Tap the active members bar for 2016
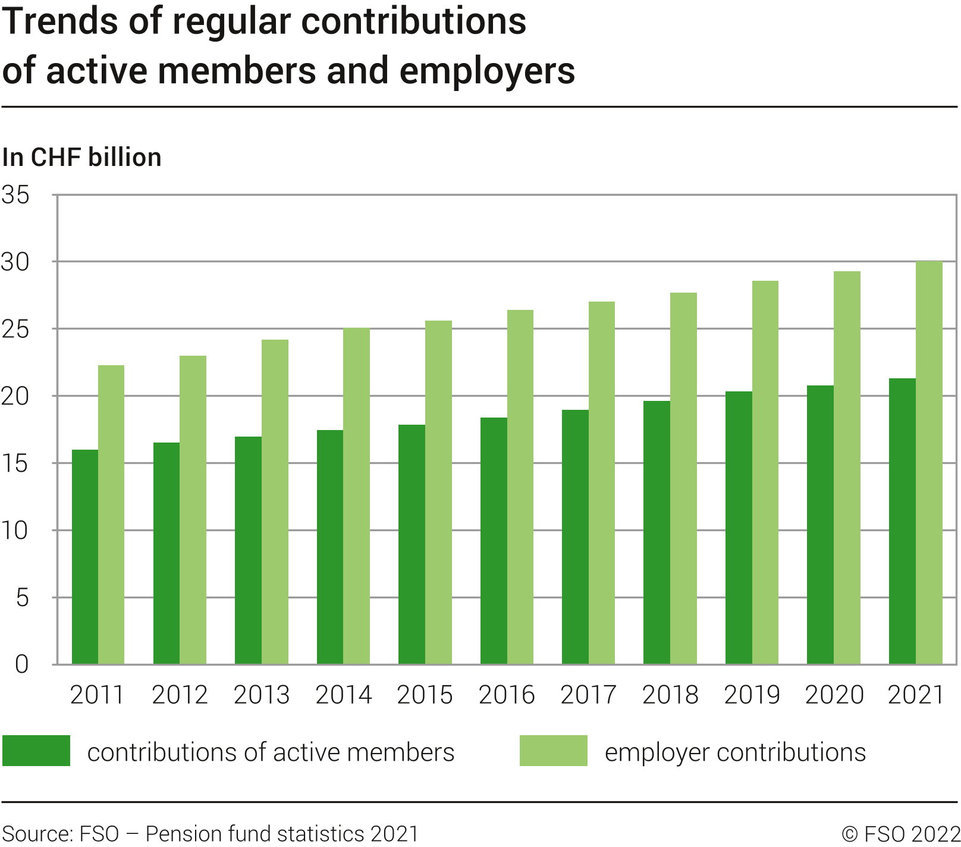494,541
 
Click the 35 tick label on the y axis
16,195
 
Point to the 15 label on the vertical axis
16,464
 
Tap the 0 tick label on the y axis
22,664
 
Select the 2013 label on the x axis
262,695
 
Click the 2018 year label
670,695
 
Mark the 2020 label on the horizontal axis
834,695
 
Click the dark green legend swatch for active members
36,751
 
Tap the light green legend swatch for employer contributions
553,751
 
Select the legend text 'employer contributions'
735,752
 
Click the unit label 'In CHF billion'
82,158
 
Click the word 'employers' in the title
487,71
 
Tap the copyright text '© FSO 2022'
901,834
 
